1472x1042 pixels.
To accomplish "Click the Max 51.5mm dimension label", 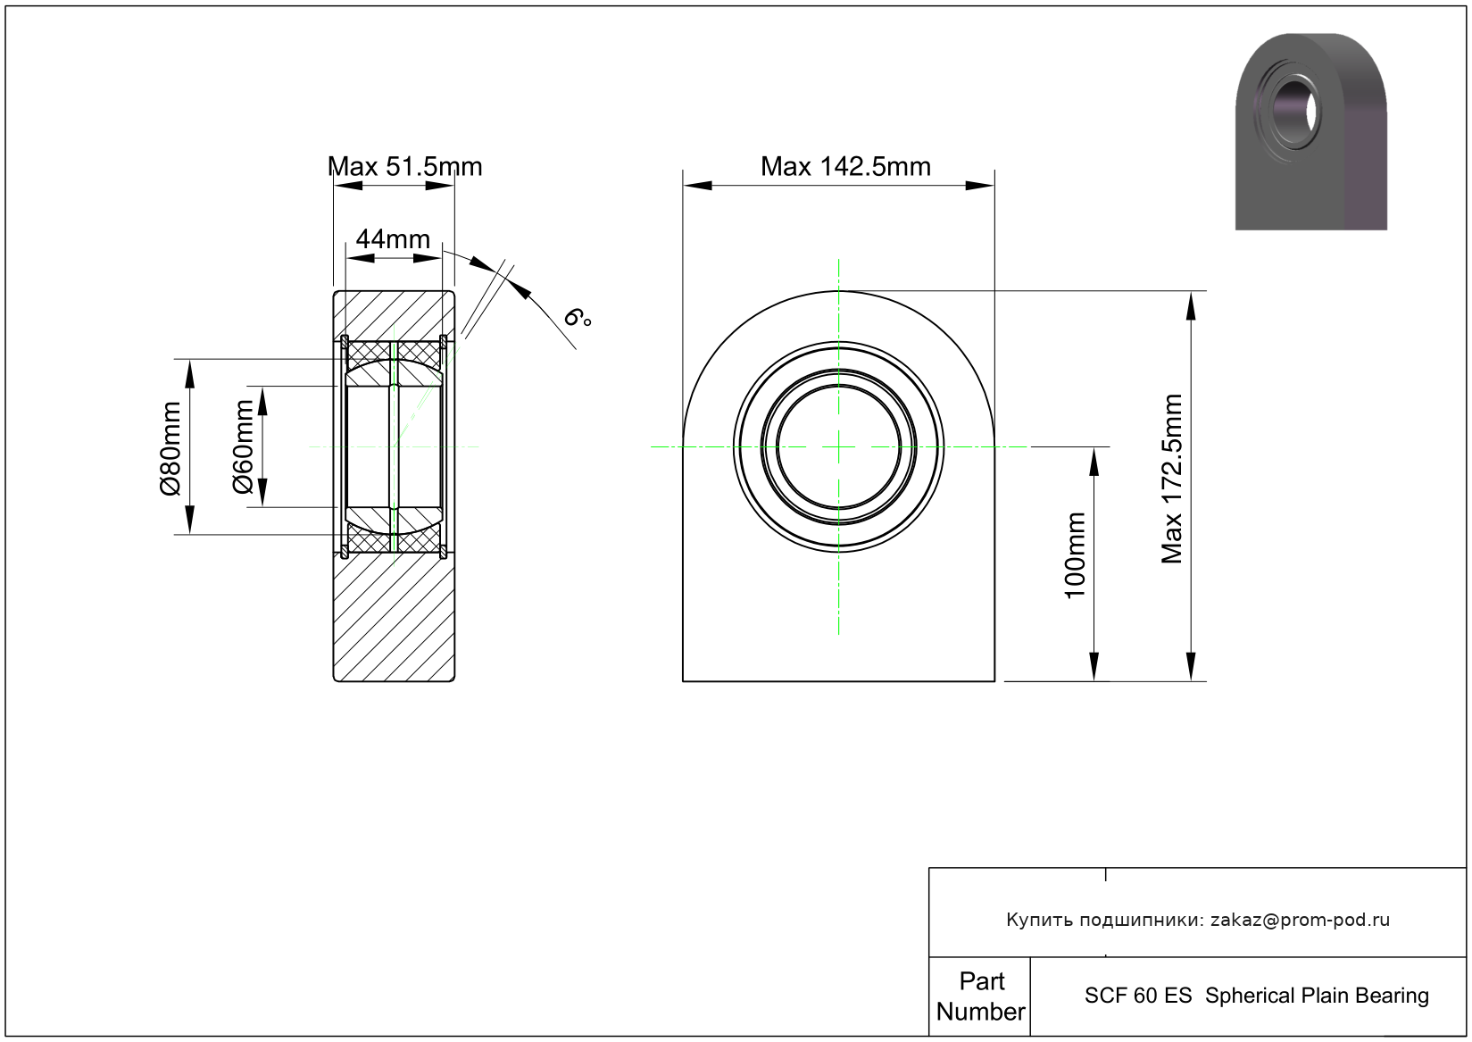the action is [404, 167].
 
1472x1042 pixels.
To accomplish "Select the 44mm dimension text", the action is [393, 239].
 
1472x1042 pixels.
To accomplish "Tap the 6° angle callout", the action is [578, 318].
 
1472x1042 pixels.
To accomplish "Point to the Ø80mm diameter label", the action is [170, 448].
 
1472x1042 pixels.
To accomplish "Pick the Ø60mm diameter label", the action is [243, 447].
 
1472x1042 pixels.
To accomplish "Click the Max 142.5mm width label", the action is [845, 167].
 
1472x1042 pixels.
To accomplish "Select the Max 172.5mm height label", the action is [1172, 479].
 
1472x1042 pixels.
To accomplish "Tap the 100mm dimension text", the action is [1075, 555].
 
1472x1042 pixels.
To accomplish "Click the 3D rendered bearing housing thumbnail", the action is [1311, 131].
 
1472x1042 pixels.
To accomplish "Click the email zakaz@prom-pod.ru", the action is [1300, 920].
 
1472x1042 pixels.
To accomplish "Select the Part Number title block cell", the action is [980, 996].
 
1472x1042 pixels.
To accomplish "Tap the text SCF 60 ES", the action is [1137, 996].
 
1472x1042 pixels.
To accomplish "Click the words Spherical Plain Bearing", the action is [1317, 996].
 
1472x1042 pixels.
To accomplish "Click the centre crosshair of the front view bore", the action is [838, 447].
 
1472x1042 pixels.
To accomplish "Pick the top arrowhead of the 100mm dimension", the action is [1094, 461].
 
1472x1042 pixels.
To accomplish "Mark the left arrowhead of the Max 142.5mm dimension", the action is [697, 186].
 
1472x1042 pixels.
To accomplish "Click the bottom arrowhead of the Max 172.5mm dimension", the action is [1191, 667].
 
